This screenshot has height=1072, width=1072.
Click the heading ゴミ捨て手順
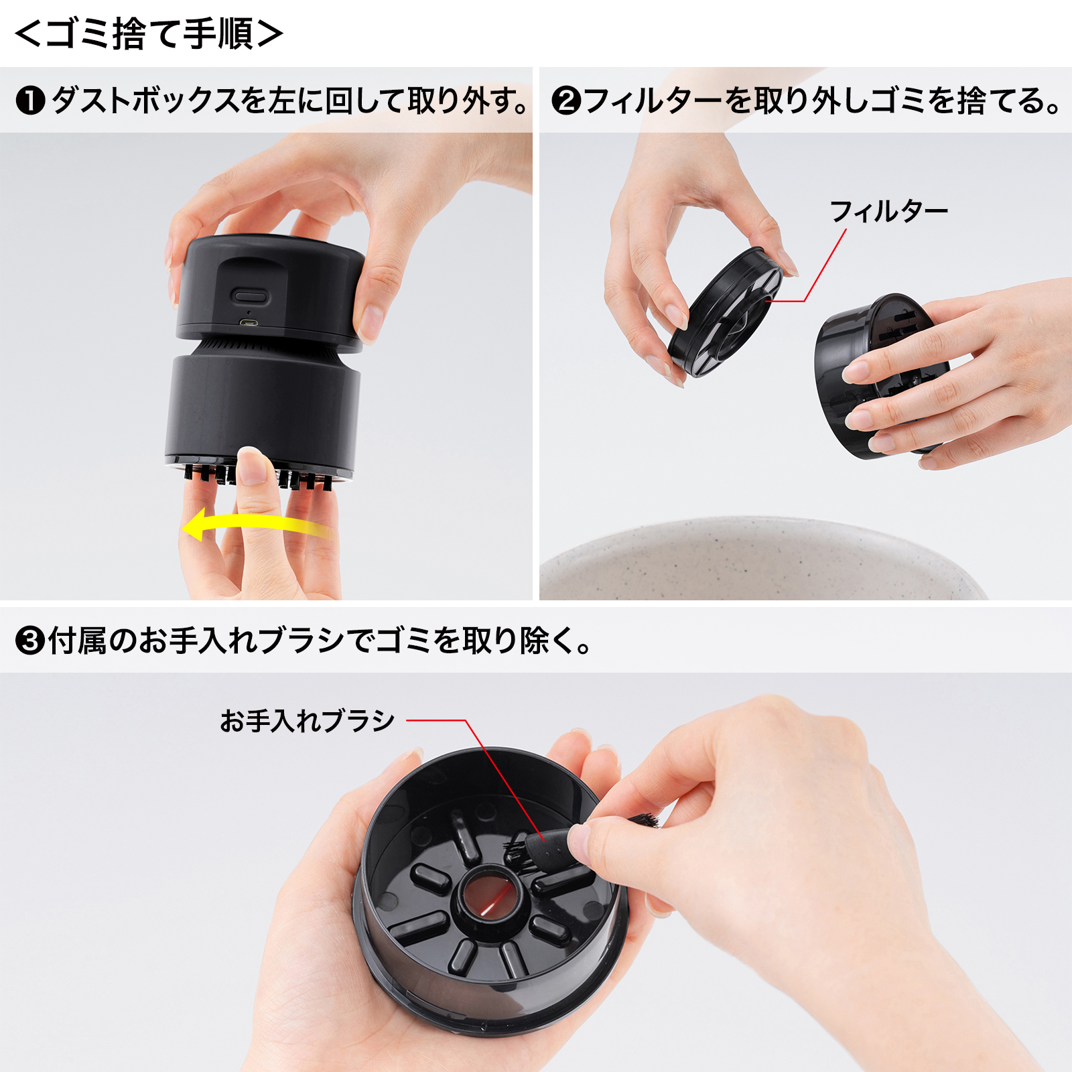tap(149, 33)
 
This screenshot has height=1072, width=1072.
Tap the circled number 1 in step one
tap(30, 101)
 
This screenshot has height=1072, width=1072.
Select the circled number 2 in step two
tap(566, 101)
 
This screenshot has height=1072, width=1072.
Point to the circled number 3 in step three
tap(30, 641)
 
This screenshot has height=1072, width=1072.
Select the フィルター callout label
tap(888, 211)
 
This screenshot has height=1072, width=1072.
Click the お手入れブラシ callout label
tap(308, 721)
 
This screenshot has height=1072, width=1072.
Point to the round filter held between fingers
tap(725, 312)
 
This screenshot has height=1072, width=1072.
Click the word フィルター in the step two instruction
tap(654, 101)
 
